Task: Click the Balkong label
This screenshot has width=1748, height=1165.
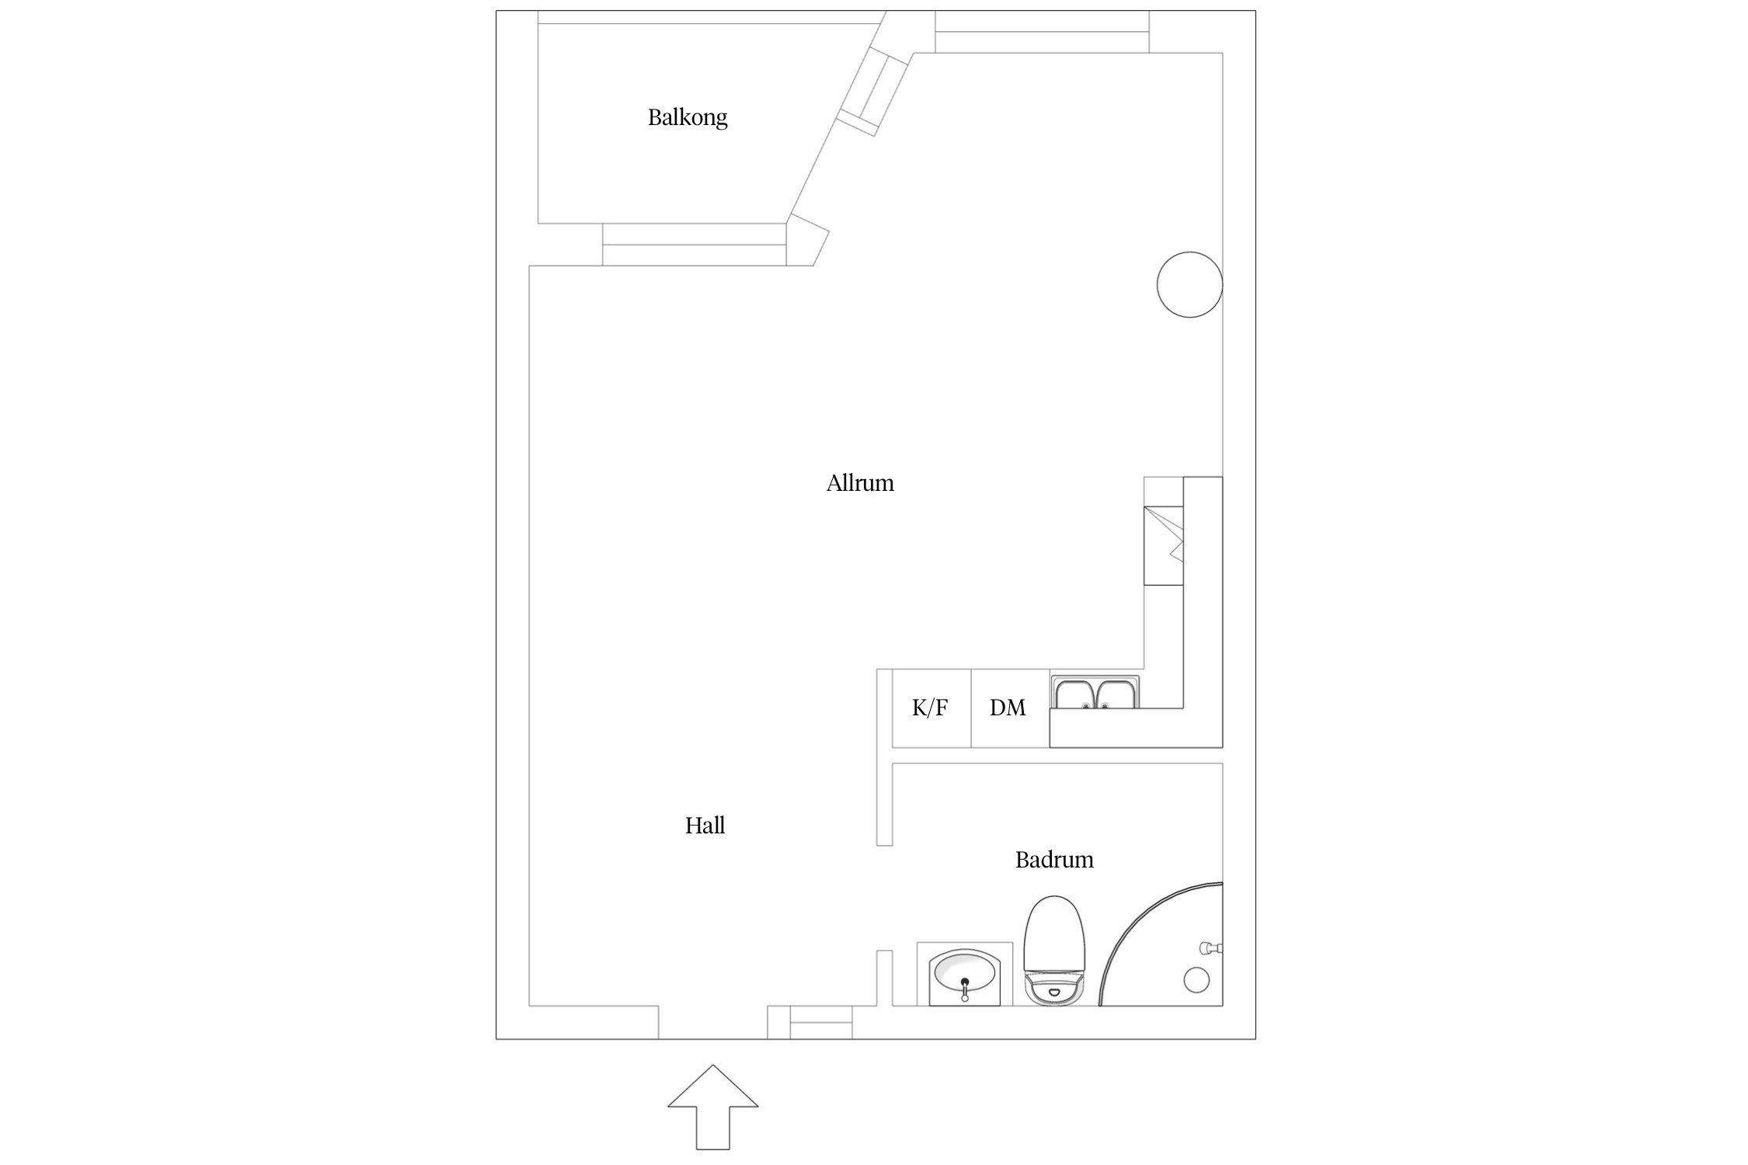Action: (688, 118)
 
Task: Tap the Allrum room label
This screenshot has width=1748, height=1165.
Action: (860, 483)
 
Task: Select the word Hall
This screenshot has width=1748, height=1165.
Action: (705, 826)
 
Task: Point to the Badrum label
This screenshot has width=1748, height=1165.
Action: (1054, 860)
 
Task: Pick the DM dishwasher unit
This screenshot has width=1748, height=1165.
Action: (1010, 708)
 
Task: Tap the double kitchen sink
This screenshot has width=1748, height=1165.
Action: (1096, 693)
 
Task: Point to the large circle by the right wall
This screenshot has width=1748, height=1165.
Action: (1189, 285)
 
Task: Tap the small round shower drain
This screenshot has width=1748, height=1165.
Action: (1196, 980)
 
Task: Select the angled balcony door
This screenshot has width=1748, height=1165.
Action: (873, 90)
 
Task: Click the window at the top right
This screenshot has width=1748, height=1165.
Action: (1042, 32)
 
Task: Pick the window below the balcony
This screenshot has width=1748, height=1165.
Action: (695, 245)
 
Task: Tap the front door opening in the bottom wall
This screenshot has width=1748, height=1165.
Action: (713, 1022)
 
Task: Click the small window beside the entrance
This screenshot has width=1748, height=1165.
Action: (821, 1022)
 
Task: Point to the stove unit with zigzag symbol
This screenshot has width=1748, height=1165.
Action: (1164, 545)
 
